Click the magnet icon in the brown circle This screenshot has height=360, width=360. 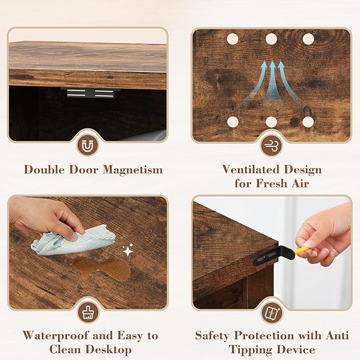[87, 145]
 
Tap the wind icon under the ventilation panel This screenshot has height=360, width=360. [271, 146]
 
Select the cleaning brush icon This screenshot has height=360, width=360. [87, 312]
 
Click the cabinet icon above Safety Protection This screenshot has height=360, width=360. [273, 313]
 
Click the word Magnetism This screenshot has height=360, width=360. [133, 170]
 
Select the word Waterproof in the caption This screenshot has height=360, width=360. [55, 336]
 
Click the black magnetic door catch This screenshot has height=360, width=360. [91, 93]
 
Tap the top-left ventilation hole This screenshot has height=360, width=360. [232, 39]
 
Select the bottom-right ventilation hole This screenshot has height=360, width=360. [308, 122]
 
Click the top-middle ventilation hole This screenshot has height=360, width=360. [271, 39]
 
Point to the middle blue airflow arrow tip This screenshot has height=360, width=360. [273, 61]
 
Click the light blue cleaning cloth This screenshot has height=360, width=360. [74, 240]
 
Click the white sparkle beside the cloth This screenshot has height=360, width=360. [128, 250]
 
